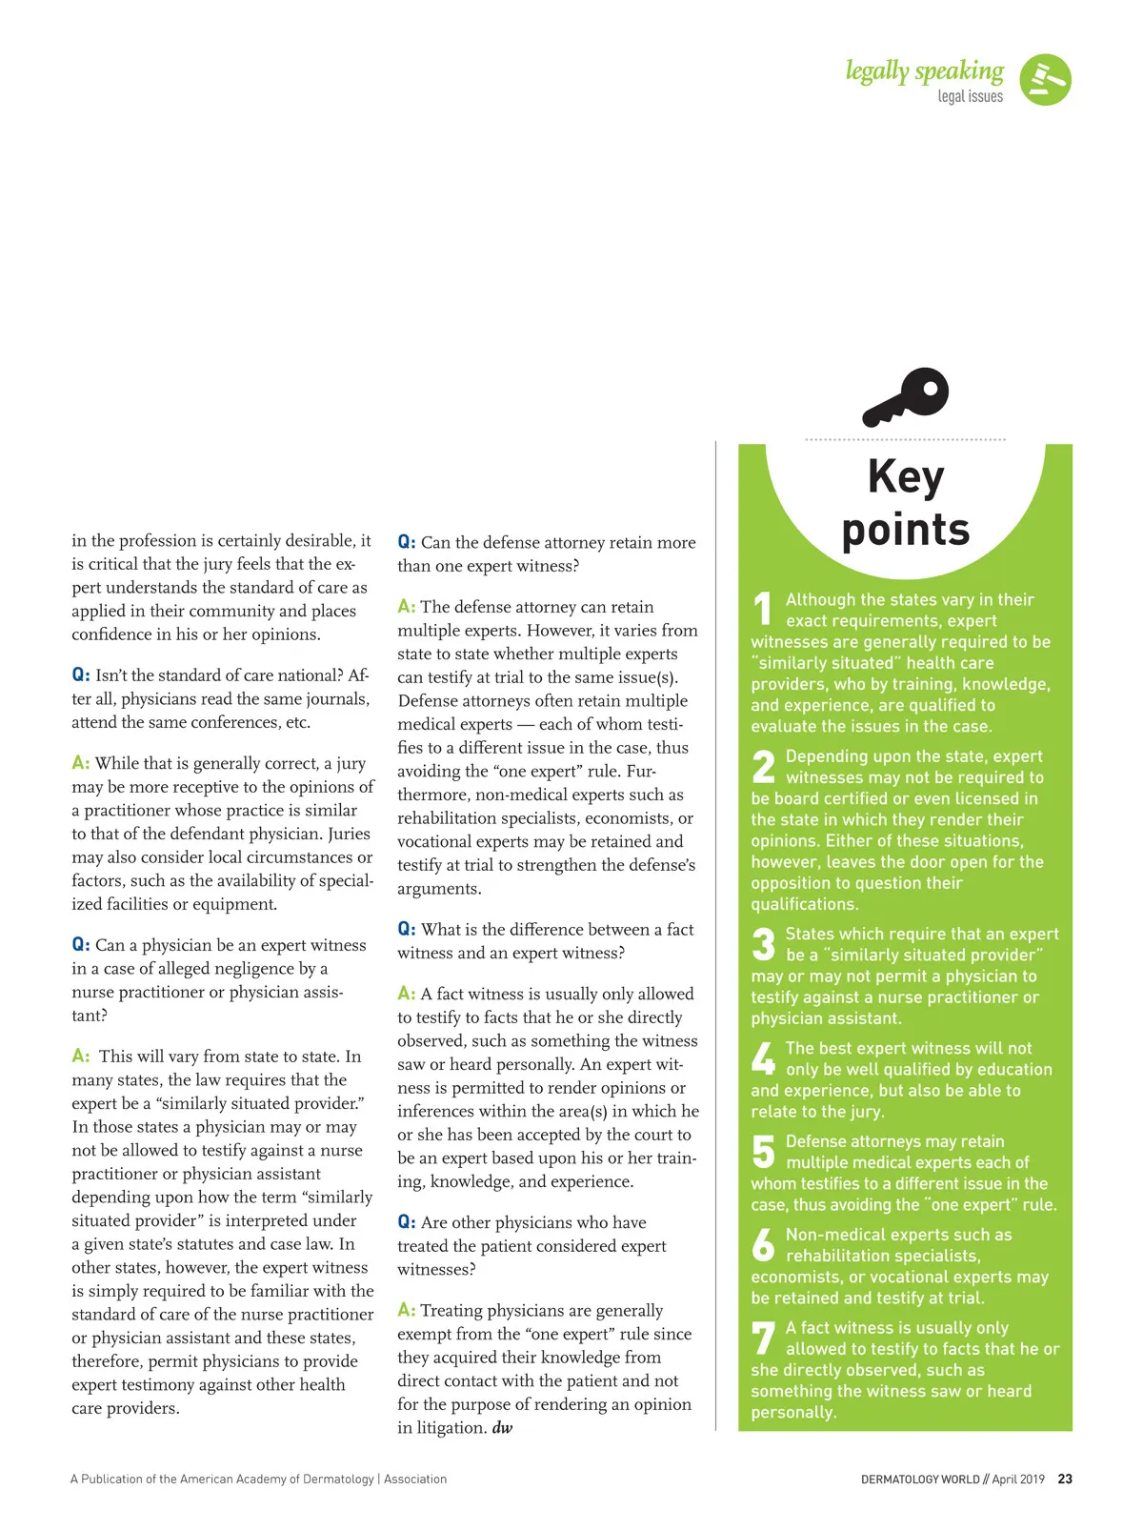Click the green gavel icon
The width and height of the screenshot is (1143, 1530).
[x=1045, y=80]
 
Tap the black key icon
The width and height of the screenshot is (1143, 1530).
[x=906, y=397]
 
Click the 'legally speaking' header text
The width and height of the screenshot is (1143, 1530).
[x=924, y=71]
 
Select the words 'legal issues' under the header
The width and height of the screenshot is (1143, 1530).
[x=970, y=96]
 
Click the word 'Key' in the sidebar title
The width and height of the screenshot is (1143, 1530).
[x=906, y=476]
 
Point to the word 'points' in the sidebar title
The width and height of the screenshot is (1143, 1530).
[x=906, y=530]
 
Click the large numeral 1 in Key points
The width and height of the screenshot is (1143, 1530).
[x=763, y=610]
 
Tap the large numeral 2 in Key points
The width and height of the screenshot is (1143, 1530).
[x=764, y=767]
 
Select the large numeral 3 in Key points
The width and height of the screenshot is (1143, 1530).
[x=764, y=944]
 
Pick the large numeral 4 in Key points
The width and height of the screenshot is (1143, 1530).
[x=764, y=1058]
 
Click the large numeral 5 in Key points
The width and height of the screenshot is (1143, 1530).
[x=764, y=1151]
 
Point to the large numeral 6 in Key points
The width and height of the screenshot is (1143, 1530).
[x=764, y=1245]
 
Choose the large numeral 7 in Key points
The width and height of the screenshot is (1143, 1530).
[x=764, y=1338]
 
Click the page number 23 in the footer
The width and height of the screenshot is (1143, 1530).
[x=1065, y=1480]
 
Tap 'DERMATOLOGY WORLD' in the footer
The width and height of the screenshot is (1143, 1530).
[x=919, y=1480]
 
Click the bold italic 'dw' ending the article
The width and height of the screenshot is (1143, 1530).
[x=502, y=1428]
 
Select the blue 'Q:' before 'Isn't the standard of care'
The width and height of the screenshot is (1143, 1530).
[x=81, y=675]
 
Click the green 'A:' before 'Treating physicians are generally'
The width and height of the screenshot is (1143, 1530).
[x=407, y=1310]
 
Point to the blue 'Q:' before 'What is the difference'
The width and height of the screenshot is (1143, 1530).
[x=407, y=929]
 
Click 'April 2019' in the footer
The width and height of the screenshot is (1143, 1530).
[x=1018, y=1480]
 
